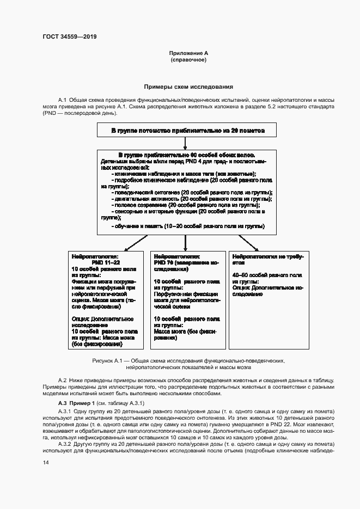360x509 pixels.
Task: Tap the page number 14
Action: [x=45, y=463]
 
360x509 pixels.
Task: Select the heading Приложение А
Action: [x=188, y=53]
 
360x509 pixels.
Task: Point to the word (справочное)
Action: [x=188, y=60]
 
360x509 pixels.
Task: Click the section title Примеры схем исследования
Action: [x=188, y=86]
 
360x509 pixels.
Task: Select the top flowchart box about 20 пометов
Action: [x=188, y=131]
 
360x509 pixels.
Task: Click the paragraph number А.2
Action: [x=62, y=379]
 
